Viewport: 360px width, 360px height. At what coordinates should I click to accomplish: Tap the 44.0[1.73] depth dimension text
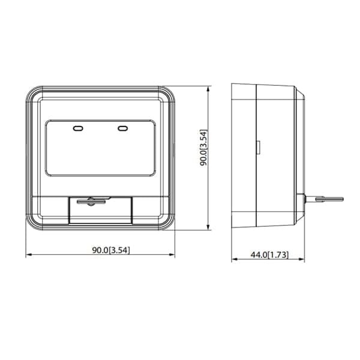coord(269,254)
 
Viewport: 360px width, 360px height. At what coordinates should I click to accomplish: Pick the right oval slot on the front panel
coord(123,128)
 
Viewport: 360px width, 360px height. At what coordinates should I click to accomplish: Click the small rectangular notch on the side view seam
coord(258,146)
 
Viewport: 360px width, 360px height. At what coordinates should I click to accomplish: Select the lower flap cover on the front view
coord(101,211)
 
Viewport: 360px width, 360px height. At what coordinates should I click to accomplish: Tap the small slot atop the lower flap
coord(89,200)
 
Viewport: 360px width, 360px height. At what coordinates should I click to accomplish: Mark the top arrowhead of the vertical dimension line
coord(208,88)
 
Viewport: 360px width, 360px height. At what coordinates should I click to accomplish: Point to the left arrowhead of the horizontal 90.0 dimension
coord(28,256)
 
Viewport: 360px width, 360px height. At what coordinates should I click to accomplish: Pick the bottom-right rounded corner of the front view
coord(169,226)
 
